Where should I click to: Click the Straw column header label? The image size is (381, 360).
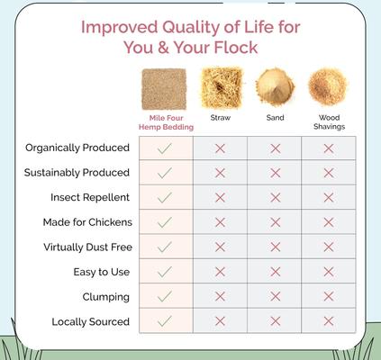[220, 117]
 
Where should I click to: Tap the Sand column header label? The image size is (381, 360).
[275, 117]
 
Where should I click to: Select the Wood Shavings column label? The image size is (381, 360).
[329, 121]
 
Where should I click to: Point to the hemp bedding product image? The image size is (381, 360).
[165, 86]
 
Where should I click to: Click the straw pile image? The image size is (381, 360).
[220, 86]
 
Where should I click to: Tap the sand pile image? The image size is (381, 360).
[275, 86]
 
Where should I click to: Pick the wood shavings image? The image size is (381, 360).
[329, 86]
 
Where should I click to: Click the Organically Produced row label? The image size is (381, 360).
[77, 148]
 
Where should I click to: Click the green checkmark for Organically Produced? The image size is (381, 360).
[165, 148]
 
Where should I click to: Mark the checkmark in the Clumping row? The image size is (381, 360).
[165, 296]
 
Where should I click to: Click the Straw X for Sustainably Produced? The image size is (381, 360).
[220, 173]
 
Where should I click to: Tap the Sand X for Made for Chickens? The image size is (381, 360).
[275, 222]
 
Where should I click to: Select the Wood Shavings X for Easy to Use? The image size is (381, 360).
[329, 272]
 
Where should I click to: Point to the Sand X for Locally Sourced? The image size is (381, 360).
[275, 321]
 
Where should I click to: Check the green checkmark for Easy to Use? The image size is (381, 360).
[165, 272]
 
